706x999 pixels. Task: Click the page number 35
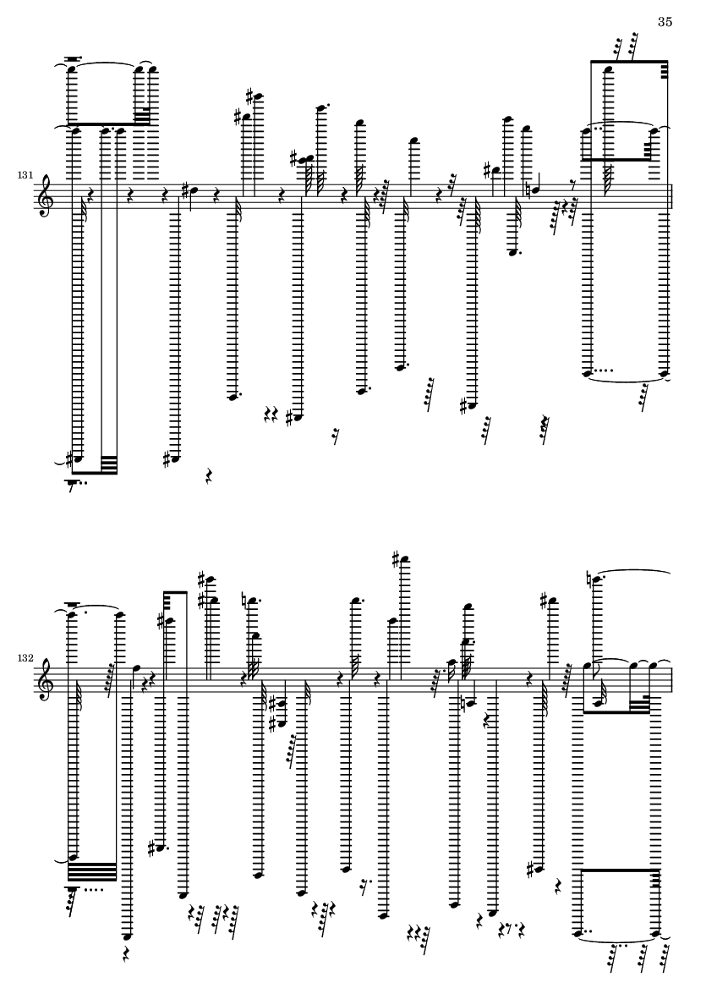click(x=665, y=22)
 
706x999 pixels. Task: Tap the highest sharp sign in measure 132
click(x=396, y=560)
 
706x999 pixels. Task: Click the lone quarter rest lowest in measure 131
click(x=209, y=475)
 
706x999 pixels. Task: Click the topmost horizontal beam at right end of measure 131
click(x=629, y=61)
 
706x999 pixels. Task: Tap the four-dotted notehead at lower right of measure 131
click(x=588, y=374)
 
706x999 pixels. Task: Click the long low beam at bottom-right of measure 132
click(x=621, y=869)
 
